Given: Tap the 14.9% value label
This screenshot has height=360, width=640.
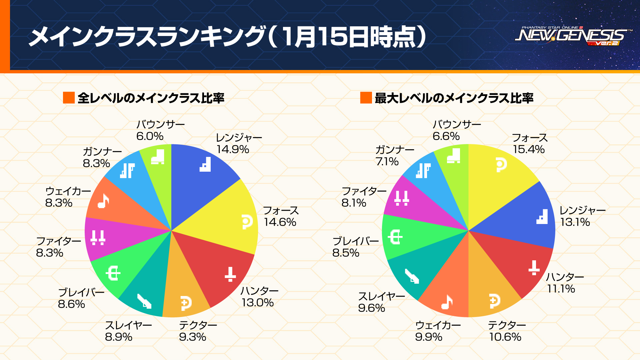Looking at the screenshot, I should pos(233,149).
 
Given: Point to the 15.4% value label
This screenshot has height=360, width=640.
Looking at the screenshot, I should pos(529,149).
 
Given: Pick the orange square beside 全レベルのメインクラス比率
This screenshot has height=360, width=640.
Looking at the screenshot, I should pos(69,98).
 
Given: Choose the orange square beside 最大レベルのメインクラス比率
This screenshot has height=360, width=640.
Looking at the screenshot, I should pos(366,98).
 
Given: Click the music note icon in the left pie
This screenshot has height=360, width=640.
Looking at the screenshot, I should pos(103,201).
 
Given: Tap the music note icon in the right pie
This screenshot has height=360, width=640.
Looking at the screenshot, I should pos(447,302).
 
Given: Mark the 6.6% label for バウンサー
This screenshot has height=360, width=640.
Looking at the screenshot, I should pos(446,136).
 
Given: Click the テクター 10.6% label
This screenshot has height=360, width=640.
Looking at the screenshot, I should pos(505,337).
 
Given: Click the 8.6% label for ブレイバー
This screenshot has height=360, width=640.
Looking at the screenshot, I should pos(71,304).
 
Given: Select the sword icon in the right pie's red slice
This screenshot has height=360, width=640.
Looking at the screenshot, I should pos(534,267).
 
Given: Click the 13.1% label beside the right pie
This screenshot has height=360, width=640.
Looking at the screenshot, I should pos(575,222).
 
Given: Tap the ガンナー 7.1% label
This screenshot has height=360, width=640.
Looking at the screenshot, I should pos(387,162).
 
